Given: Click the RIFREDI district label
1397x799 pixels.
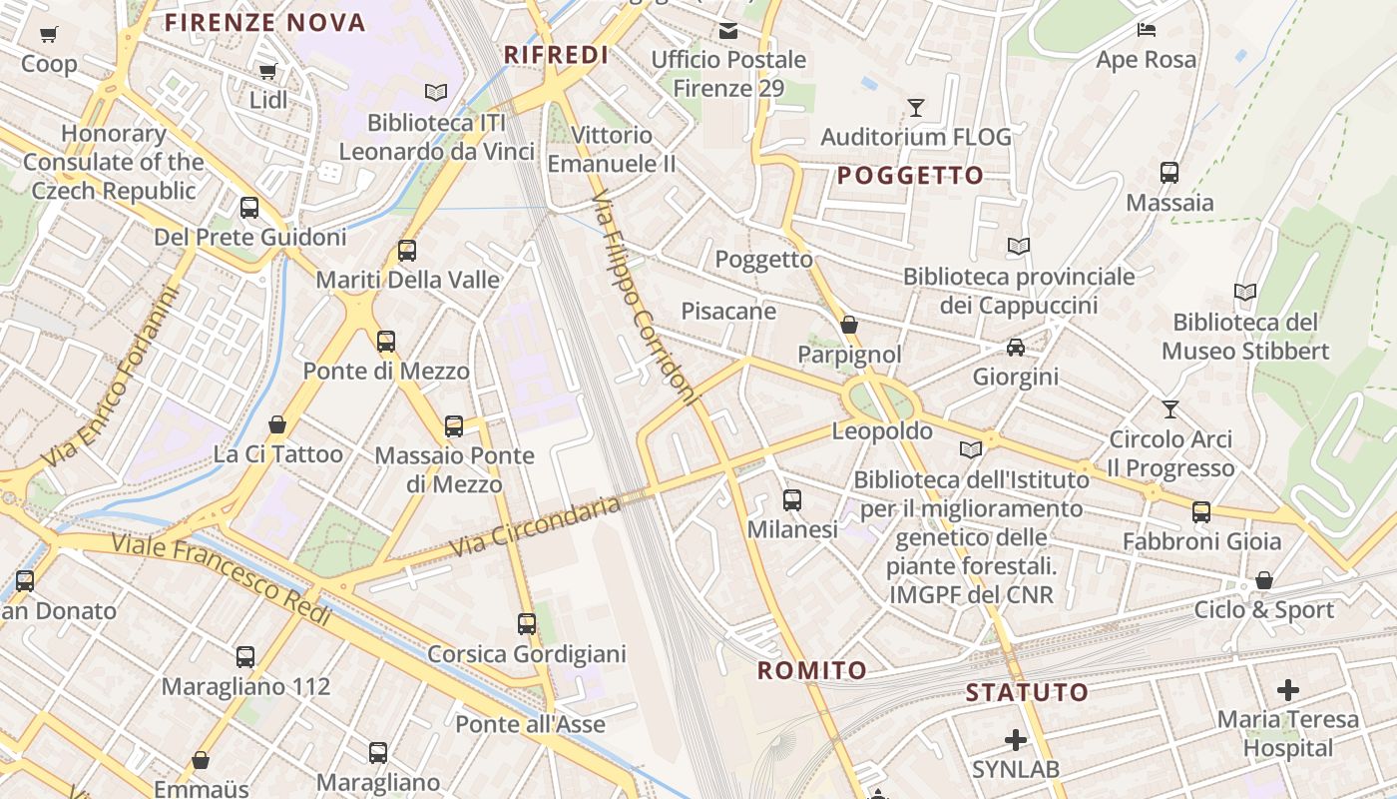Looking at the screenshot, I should [x=556, y=55].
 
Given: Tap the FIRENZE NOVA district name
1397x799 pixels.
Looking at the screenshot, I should [x=265, y=23].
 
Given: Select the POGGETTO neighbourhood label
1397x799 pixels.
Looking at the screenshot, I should [x=910, y=176].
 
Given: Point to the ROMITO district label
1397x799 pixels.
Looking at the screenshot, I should [x=812, y=670].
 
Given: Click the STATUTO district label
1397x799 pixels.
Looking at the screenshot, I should [x=1027, y=692].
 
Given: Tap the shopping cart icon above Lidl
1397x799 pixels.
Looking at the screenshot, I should [x=267, y=72].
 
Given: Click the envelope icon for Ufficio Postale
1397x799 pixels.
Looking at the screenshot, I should [x=728, y=31].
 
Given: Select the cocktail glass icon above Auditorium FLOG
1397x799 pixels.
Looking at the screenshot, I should [x=915, y=107].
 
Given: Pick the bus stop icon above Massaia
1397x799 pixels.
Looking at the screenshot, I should [x=1169, y=173].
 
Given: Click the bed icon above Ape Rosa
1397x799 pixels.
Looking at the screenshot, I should [x=1147, y=30].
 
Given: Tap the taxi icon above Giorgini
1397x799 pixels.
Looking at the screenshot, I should [x=1015, y=348].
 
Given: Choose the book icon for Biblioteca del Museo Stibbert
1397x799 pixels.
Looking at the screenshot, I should [x=1244, y=293].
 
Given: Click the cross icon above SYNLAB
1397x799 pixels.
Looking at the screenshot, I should [x=1016, y=740].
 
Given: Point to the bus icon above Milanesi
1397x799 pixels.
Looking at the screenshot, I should [x=792, y=500].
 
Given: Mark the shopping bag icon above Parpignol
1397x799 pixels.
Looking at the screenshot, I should [x=849, y=325].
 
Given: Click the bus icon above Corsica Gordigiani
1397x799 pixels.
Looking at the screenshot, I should [x=527, y=624].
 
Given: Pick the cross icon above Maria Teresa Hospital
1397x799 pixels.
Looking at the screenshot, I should [x=1288, y=689].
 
